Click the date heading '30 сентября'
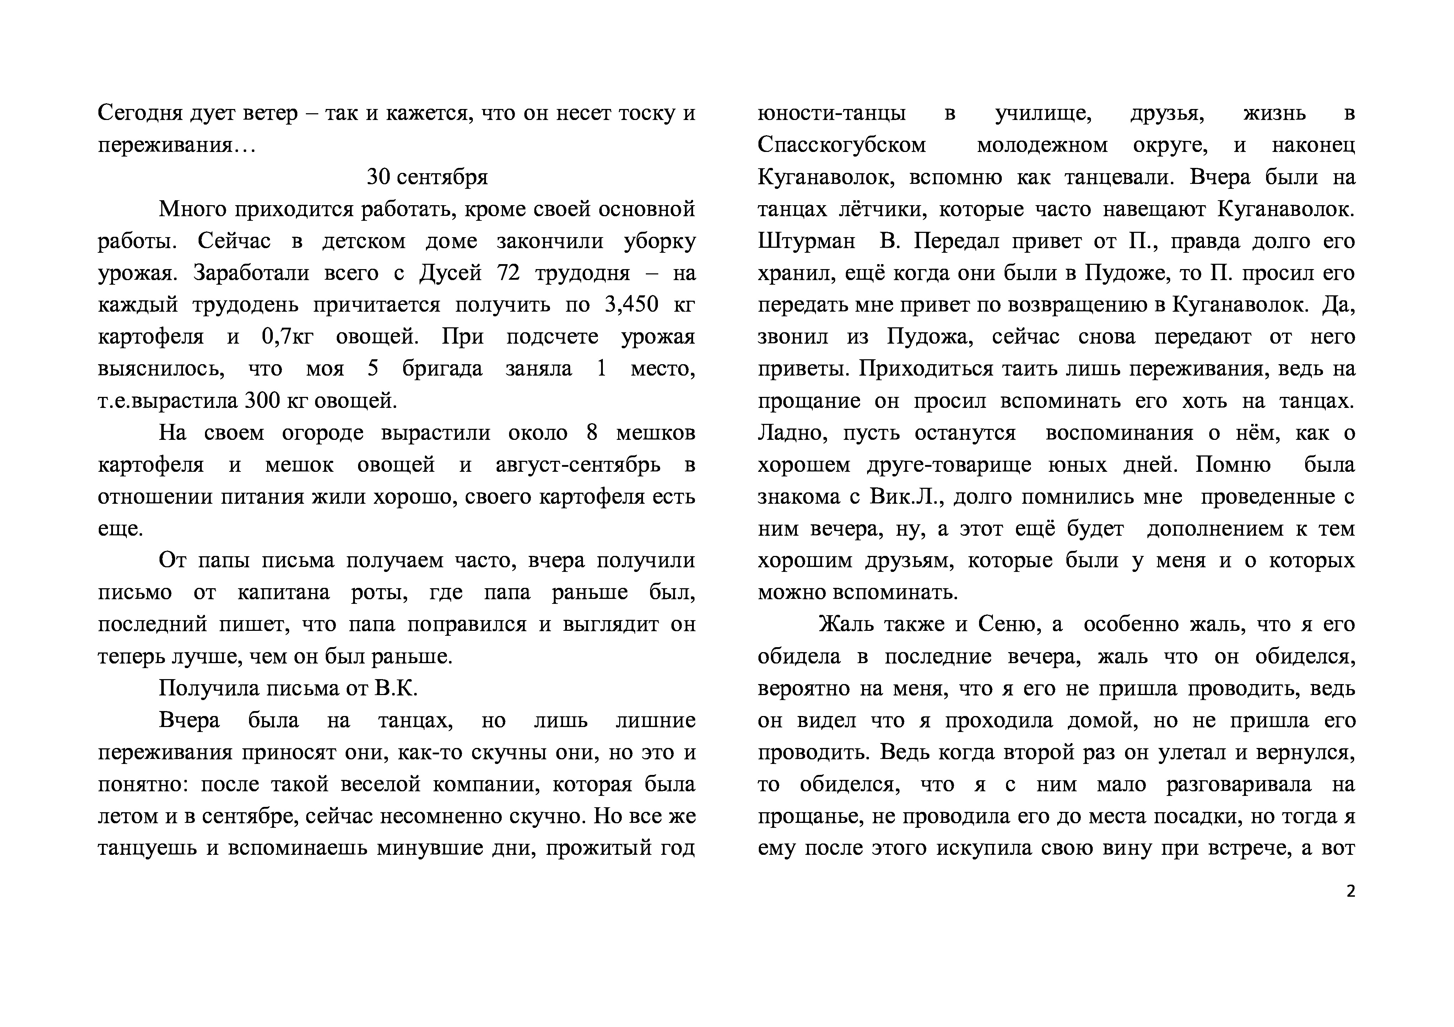427,177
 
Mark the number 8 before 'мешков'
592,433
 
